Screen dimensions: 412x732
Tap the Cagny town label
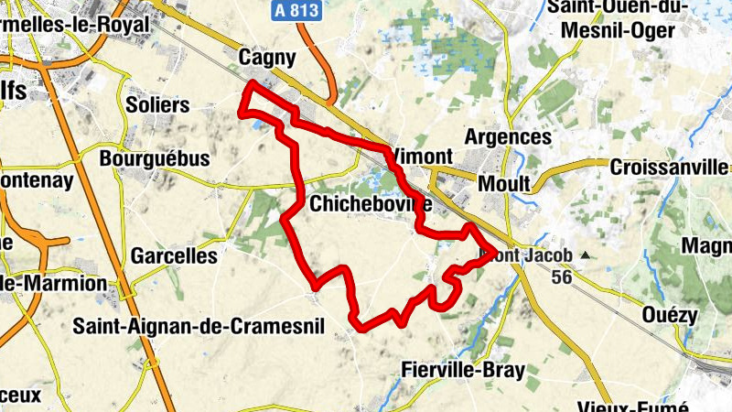pos(266,59)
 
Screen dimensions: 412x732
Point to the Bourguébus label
pos(155,158)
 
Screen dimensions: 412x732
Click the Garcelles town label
pos(174,255)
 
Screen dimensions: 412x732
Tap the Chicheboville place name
pos(370,203)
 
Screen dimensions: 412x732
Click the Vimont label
pos(423,157)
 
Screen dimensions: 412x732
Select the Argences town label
pos(509,137)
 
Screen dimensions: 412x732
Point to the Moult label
pos(504,184)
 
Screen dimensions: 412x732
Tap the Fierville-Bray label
pos(463,370)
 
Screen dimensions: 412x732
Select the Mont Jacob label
pos(531,255)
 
